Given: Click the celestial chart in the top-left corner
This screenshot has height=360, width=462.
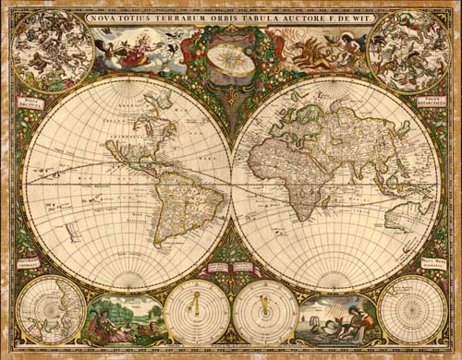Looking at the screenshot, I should [x=53, y=50].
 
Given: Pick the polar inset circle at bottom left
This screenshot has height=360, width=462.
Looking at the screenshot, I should [x=51, y=310].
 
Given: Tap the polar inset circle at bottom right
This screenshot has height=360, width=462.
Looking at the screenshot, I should [x=412, y=310].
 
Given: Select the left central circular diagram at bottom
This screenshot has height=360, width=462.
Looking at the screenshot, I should [x=197, y=312].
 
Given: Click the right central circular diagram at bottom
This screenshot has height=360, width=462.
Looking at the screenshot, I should [x=265, y=312].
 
